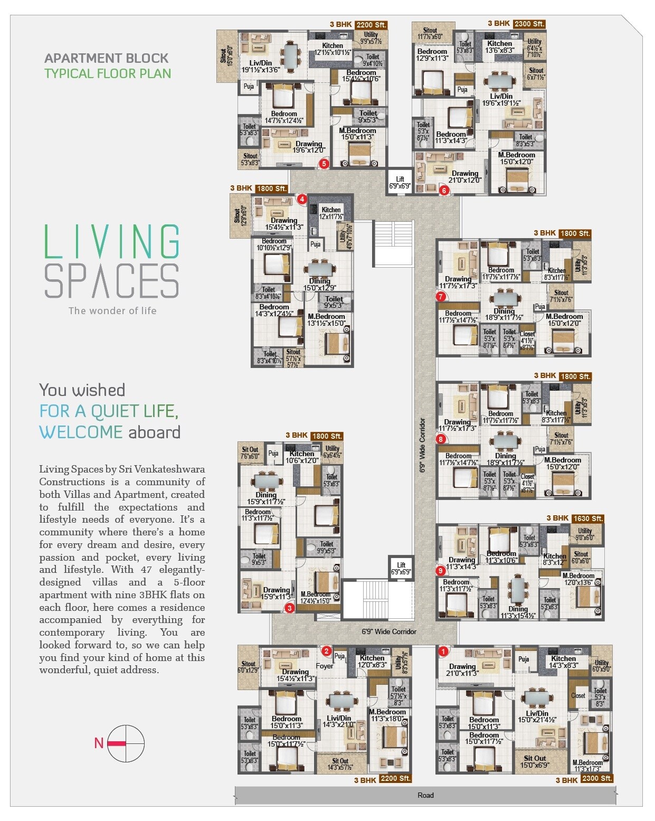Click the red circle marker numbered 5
(324, 164)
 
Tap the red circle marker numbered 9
(440, 571)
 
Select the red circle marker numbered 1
(443, 652)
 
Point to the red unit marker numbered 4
(302, 199)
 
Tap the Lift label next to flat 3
(401, 569)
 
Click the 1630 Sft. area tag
(588, 518)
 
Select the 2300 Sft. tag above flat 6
(529, 24)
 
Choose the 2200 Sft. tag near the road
(395, 779)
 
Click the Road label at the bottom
(425, 795)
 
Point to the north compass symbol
(125, 743)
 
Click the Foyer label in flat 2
(325, 666)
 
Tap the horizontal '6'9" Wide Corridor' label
(389, 631)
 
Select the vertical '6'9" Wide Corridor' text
(422, 445)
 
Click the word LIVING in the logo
(112, 241)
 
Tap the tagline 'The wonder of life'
(112, 310)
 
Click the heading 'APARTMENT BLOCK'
(106, 58)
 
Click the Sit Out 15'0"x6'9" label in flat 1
(535, 762)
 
